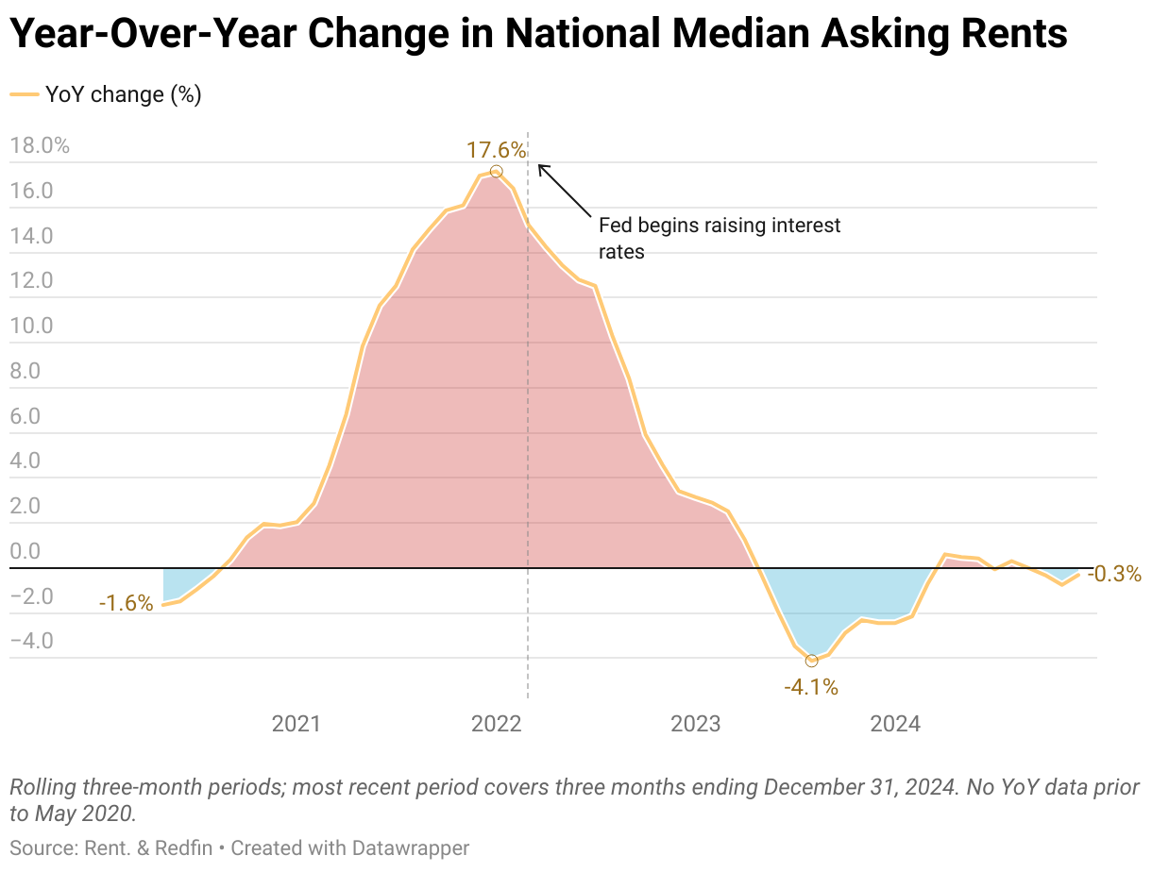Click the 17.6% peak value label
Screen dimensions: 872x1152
[x=496, y=150]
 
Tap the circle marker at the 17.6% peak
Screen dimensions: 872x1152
[x=497, y=172]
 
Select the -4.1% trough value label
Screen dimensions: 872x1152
[x=811, y=687]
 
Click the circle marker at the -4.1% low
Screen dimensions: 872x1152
[x=811, y=661]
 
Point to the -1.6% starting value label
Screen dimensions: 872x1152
[x=126, y=603]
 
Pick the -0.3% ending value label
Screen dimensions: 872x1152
[x=1114, y=574]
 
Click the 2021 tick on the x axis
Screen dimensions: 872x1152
[x=296, y=725]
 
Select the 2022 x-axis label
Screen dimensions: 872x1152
[x=496, y=725]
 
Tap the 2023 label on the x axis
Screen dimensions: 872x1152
[x=695, y=725]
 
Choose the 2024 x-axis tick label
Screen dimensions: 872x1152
[x=895, y=725]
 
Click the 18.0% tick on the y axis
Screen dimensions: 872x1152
[x=39, y=146]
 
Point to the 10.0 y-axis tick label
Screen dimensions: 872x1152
[x=31, y=327]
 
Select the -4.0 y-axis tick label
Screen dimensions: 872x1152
[x=31, y=642]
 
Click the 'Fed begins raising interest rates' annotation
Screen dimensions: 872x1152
[x=719, y=239]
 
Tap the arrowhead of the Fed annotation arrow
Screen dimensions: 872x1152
[x=540, y=167]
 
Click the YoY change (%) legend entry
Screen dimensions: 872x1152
[x=106, y=94]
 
